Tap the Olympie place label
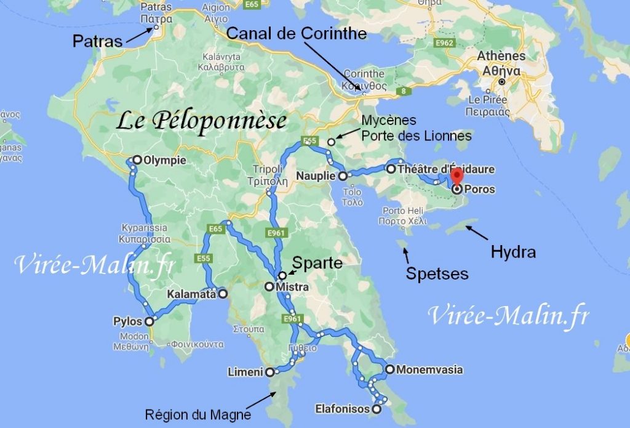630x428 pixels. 164,160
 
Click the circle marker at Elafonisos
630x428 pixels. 377,409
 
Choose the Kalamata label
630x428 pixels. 191,294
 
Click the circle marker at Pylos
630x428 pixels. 150,321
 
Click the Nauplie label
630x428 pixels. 316,176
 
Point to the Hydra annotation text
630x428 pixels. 513,251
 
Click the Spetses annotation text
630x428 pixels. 437,273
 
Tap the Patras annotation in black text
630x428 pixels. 97,41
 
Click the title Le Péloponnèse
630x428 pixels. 202,121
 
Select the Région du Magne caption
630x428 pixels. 197,414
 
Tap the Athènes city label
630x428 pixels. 502,56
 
